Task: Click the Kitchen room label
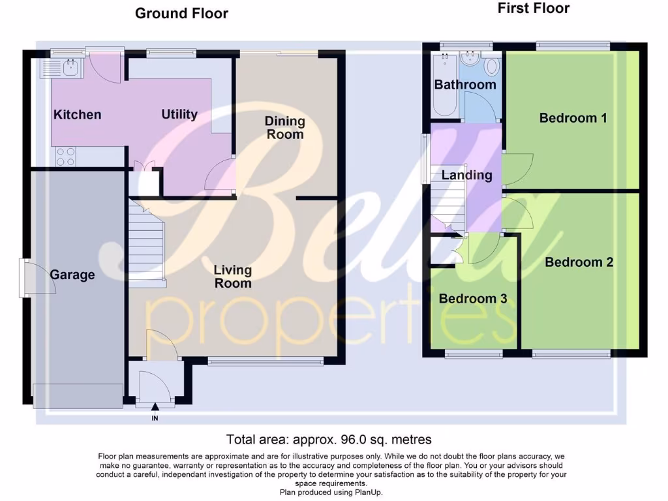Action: point(77,115)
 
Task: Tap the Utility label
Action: point(179,114)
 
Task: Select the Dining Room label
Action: point(285,128)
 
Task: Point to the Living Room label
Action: point(233,277)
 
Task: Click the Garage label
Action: point(72,275)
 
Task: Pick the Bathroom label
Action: point(465,85)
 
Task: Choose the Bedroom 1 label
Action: point(573,118)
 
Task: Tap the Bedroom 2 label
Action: point(579,262)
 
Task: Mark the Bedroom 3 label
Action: point(473,299)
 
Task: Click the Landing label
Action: point(466,175)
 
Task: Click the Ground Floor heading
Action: point(181,13)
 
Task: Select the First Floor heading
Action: point(534,8)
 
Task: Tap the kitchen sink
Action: point(65,65)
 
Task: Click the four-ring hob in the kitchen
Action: point(65,157)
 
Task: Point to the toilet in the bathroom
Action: point(492,67)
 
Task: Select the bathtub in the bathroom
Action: point(445,85)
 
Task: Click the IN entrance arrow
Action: point(155,409)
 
